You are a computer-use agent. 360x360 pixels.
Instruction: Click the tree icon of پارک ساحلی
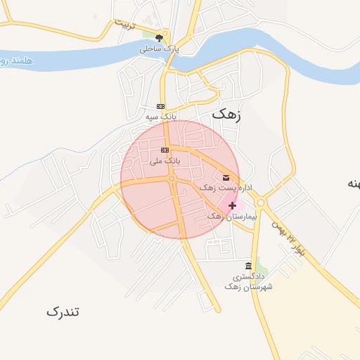pos(160,38)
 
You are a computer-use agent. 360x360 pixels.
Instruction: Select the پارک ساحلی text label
pos(159,49)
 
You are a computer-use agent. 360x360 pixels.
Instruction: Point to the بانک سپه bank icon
pos(160,106)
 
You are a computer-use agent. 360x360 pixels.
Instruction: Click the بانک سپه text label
pos(160,115)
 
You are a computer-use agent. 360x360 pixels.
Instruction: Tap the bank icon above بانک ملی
pos(165,150)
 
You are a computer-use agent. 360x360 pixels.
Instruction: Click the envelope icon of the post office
pos(226,177)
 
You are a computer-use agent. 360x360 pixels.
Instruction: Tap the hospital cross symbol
pos(233,205)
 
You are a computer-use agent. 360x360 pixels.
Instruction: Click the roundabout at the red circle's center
pos(172,179)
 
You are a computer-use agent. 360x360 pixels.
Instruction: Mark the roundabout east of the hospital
pos(261,203)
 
